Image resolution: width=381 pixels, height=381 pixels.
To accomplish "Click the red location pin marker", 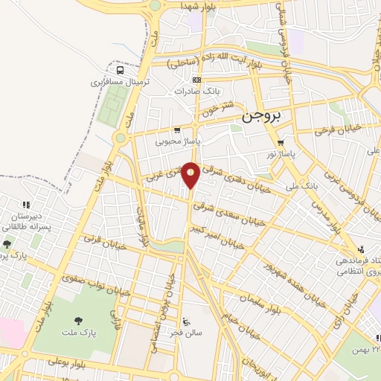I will coord(190,175).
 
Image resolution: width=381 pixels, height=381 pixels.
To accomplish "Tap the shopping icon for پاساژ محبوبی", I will coord(176,129).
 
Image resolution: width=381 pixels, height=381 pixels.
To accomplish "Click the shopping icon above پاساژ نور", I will coord(281,143).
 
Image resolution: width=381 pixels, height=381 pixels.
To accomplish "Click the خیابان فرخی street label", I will coord(337,128).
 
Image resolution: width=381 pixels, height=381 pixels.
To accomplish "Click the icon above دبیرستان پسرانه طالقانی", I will coord(27,204).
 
